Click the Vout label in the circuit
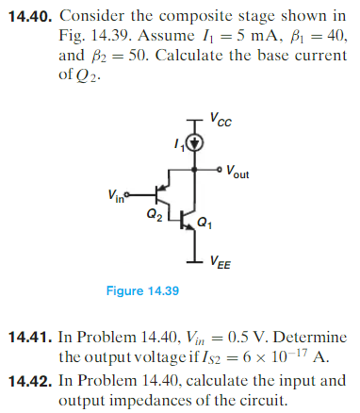click(x=238, y=175)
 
